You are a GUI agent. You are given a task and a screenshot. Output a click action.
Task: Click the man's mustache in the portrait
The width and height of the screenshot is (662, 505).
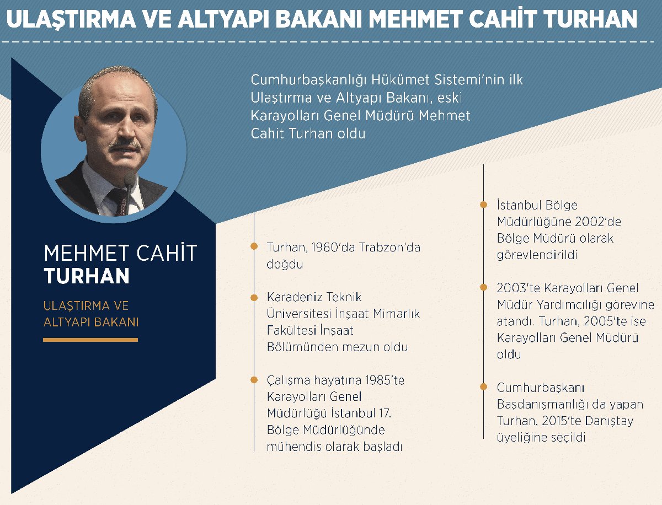(x=125, y=144)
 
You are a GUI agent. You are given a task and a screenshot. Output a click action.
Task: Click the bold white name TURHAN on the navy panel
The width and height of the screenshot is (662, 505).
(x=87, y=276)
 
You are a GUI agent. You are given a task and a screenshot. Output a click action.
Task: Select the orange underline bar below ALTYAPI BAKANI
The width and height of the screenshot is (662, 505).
(x=90, y=340)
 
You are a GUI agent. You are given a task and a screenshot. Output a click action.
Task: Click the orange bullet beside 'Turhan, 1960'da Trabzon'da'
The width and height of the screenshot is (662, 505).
(x=254, y=246)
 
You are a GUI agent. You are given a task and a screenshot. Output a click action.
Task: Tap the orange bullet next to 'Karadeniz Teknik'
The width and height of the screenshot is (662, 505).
(x=254, y=298)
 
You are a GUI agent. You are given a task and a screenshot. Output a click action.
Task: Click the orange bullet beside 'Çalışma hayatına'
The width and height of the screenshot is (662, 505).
(x=254, y=380)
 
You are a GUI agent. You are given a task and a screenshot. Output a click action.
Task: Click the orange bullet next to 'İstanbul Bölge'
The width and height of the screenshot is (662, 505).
(x=483, y=205)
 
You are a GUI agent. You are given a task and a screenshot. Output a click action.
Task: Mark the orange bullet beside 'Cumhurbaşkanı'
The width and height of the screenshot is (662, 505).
(x=483, y=386)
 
